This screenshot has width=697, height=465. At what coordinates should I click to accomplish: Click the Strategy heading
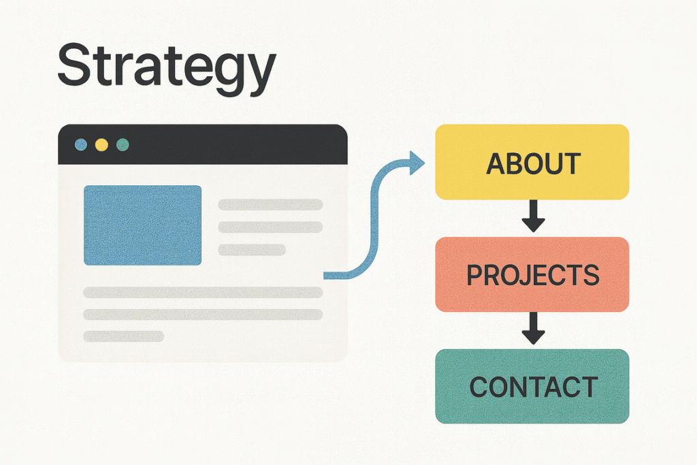tap(167, 69)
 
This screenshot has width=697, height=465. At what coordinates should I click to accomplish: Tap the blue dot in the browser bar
tap(81, 144)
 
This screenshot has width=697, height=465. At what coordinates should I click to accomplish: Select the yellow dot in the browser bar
tap(101, 144)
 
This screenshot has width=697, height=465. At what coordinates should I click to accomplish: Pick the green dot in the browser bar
tap(123, 144)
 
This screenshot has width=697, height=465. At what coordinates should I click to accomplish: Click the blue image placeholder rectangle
tap(143, 225)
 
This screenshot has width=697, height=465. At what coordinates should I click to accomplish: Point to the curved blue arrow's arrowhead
tap(417, 163)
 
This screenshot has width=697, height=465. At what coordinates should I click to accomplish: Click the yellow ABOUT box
tap(532, 162)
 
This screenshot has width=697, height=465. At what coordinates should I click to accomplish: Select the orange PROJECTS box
tap(532, 274)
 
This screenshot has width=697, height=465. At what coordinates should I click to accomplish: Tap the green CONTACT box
tap(532, 386)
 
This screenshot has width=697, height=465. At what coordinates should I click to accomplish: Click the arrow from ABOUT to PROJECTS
tap(534, 216)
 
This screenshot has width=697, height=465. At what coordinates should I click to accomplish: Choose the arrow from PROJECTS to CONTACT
tap(534, 328)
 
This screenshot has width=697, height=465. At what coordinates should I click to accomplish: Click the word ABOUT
tap(534, 163)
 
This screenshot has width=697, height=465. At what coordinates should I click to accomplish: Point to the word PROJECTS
tap(533, 275)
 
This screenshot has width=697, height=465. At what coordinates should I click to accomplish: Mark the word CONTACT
tap(534, 387)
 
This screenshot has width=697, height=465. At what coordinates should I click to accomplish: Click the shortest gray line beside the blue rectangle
tap(252, 250)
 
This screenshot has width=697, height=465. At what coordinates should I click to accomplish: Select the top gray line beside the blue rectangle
tap(270, 204)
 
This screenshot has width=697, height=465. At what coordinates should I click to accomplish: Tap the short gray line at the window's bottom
tap(124, 336)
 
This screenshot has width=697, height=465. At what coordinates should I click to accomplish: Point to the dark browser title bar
tap(203, 144)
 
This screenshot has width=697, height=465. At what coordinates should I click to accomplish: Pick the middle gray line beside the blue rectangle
tap(270, 227)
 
